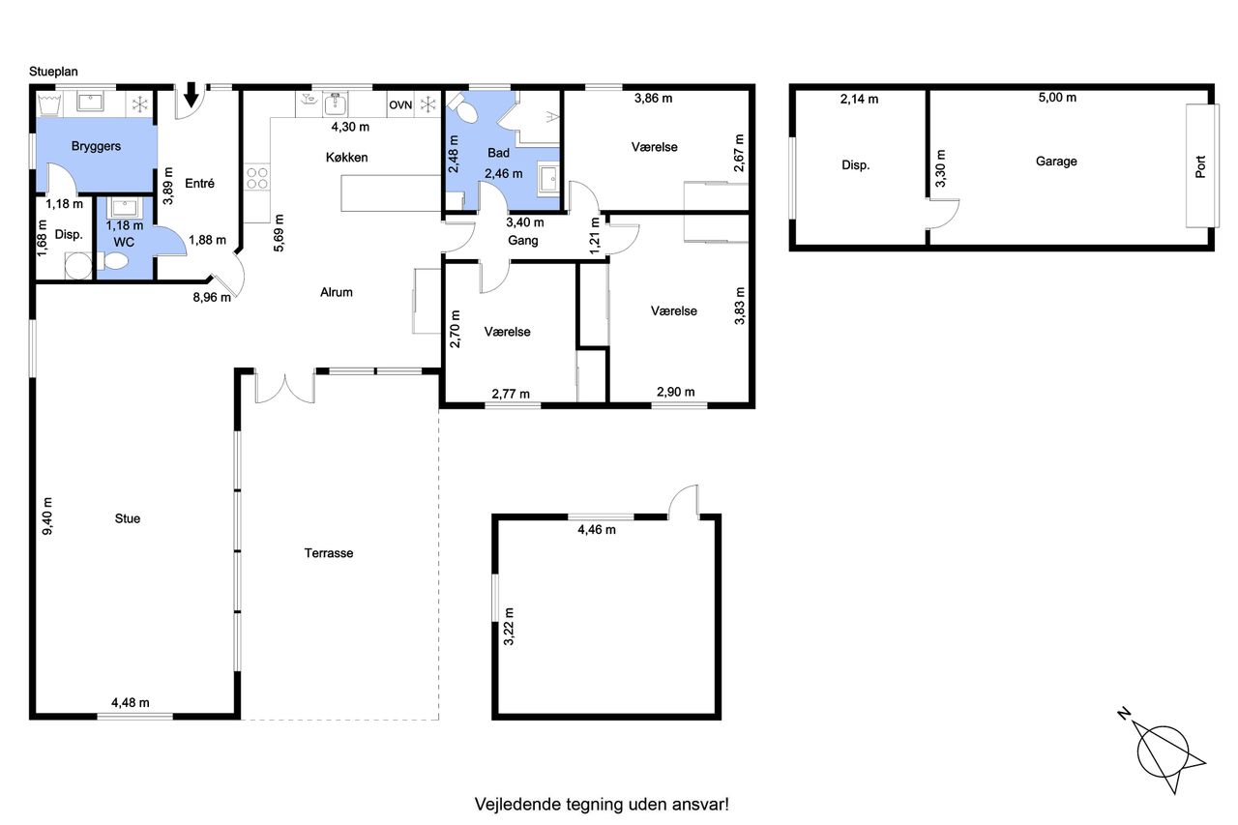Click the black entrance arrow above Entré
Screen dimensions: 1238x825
coord(191,95)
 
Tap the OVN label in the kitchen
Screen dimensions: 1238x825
coord(400,105)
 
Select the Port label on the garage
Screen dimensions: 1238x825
coord(1200,167)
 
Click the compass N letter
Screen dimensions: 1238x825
coord(1124,714)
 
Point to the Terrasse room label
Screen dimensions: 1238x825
coord(328,553)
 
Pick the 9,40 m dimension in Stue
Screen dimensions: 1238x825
coord(48,516)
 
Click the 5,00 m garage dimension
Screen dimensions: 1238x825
coord(1057,98)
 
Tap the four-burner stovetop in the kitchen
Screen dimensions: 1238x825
coord(257,179)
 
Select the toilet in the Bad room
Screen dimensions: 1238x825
coord(462,108)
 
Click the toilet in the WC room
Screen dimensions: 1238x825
coord(113,261)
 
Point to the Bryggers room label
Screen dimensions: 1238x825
coord(96,146)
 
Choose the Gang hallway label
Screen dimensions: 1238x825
coord(523,241)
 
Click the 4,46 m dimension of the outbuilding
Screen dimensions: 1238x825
coord(597,530)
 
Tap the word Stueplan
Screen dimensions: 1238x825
coord(53,72)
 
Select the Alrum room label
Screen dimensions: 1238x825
coord(336,292)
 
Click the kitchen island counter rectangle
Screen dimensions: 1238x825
coord(391,192)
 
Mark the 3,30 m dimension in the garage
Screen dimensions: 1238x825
coord(940,168)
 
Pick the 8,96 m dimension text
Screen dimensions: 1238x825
coord(212,297)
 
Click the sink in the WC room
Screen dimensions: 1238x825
coord(125,208)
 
